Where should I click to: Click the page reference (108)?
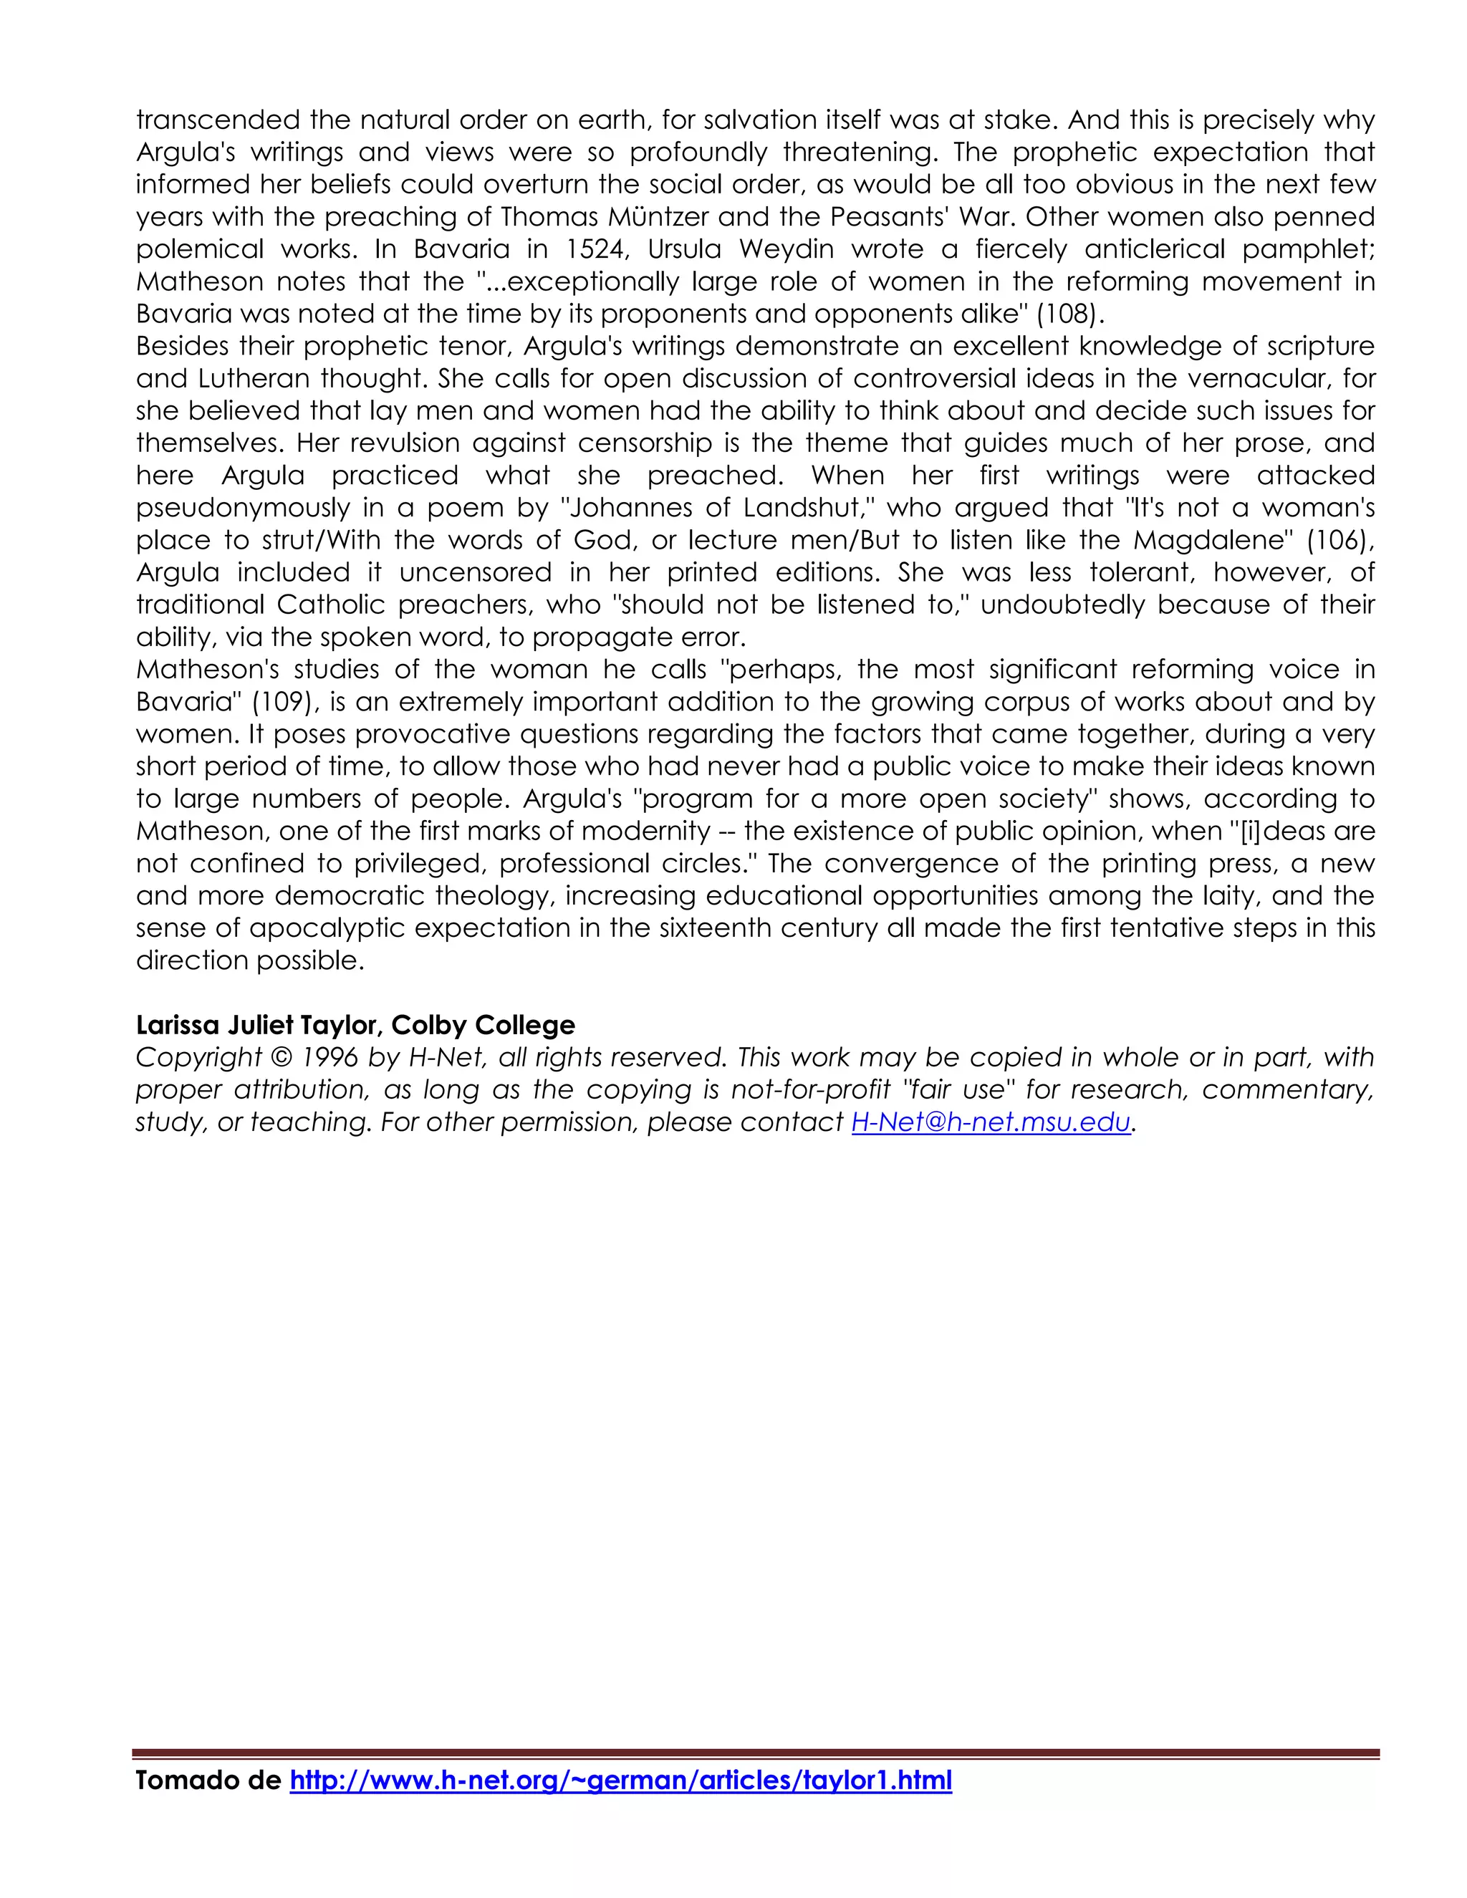1068,314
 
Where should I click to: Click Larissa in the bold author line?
178,1026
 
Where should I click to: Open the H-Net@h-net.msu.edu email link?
991,1123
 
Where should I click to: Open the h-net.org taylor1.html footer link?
620,1781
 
